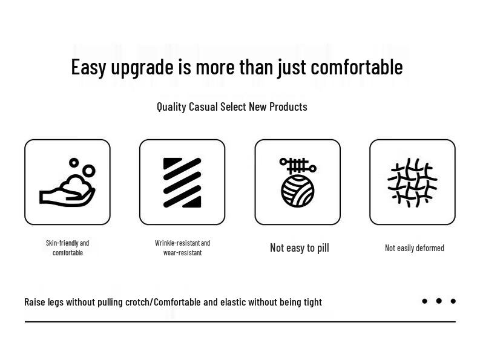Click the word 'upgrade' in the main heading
click(x=142, y=68)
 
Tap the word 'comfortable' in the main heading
click(x=357, y=67)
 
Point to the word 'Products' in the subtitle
click(x=288, y=106)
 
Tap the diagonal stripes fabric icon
click(x=182, y=183)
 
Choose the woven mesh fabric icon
click(x=412, y=183)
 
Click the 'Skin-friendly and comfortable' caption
click(x=68, y=247)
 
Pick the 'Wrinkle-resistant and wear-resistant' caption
click(x=182, y=247)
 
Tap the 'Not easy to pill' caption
click(x=300, y=247)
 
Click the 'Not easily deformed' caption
click(x=415, y=247)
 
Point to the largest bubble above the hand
click(x=89, y=171)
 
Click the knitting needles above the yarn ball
click(x=298, y=166)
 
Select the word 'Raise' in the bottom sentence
click(x=35, y=302)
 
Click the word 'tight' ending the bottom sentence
click(x=313, y=303)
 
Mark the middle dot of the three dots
click(x=439, y=301)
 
